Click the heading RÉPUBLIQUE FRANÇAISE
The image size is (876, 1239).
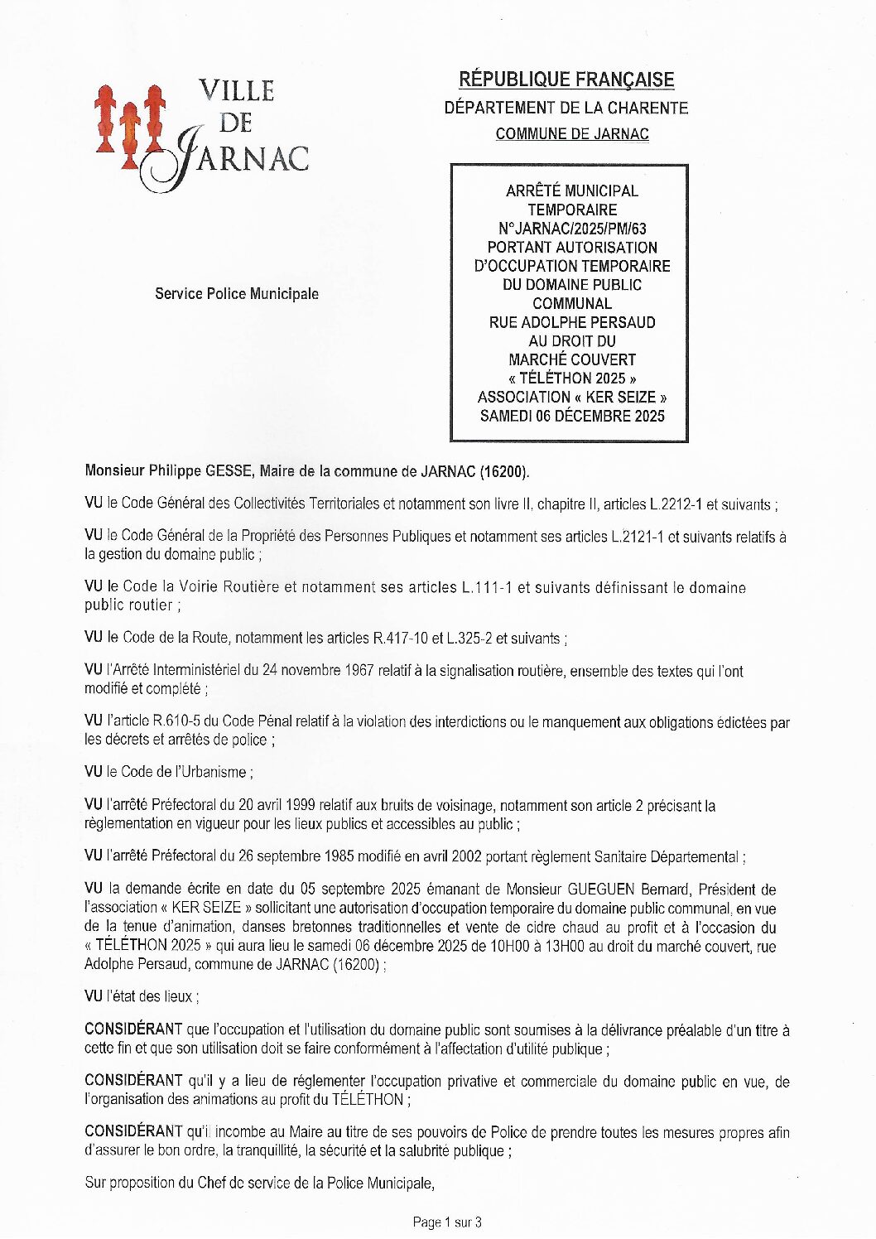566,80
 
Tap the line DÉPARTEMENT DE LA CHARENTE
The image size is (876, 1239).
566,108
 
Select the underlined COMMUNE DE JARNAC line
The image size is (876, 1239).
572,133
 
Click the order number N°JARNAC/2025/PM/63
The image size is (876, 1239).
572,229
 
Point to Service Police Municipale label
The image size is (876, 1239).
237,294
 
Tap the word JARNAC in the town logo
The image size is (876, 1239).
240,157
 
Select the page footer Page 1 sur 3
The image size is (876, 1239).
447,1222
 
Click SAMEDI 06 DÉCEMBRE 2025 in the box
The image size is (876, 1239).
572,416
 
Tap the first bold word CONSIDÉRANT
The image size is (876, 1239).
133,1029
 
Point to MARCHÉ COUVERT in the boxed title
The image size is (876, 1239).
572,359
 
